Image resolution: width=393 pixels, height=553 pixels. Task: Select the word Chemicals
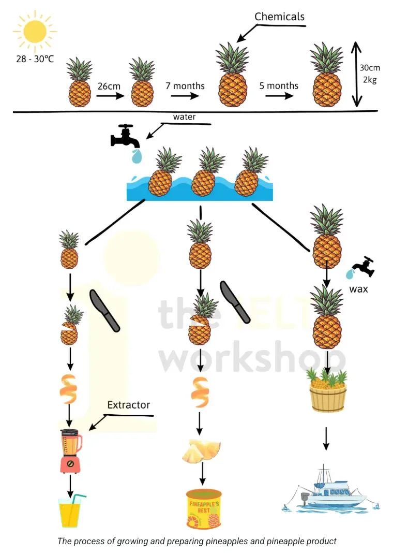(x=279, y=17)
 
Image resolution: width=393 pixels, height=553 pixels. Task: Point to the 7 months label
(x=185, y=86)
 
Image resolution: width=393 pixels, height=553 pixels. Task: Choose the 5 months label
(x=279, y=85)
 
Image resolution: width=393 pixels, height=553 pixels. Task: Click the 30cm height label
(x=370, y=67)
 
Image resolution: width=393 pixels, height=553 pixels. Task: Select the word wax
(x=358, y=288)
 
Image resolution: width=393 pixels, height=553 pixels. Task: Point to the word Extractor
(x=128, y=404)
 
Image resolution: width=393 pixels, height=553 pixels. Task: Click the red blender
(x=70, y=450)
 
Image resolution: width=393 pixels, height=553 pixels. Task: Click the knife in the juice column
(x=104, y=310)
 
